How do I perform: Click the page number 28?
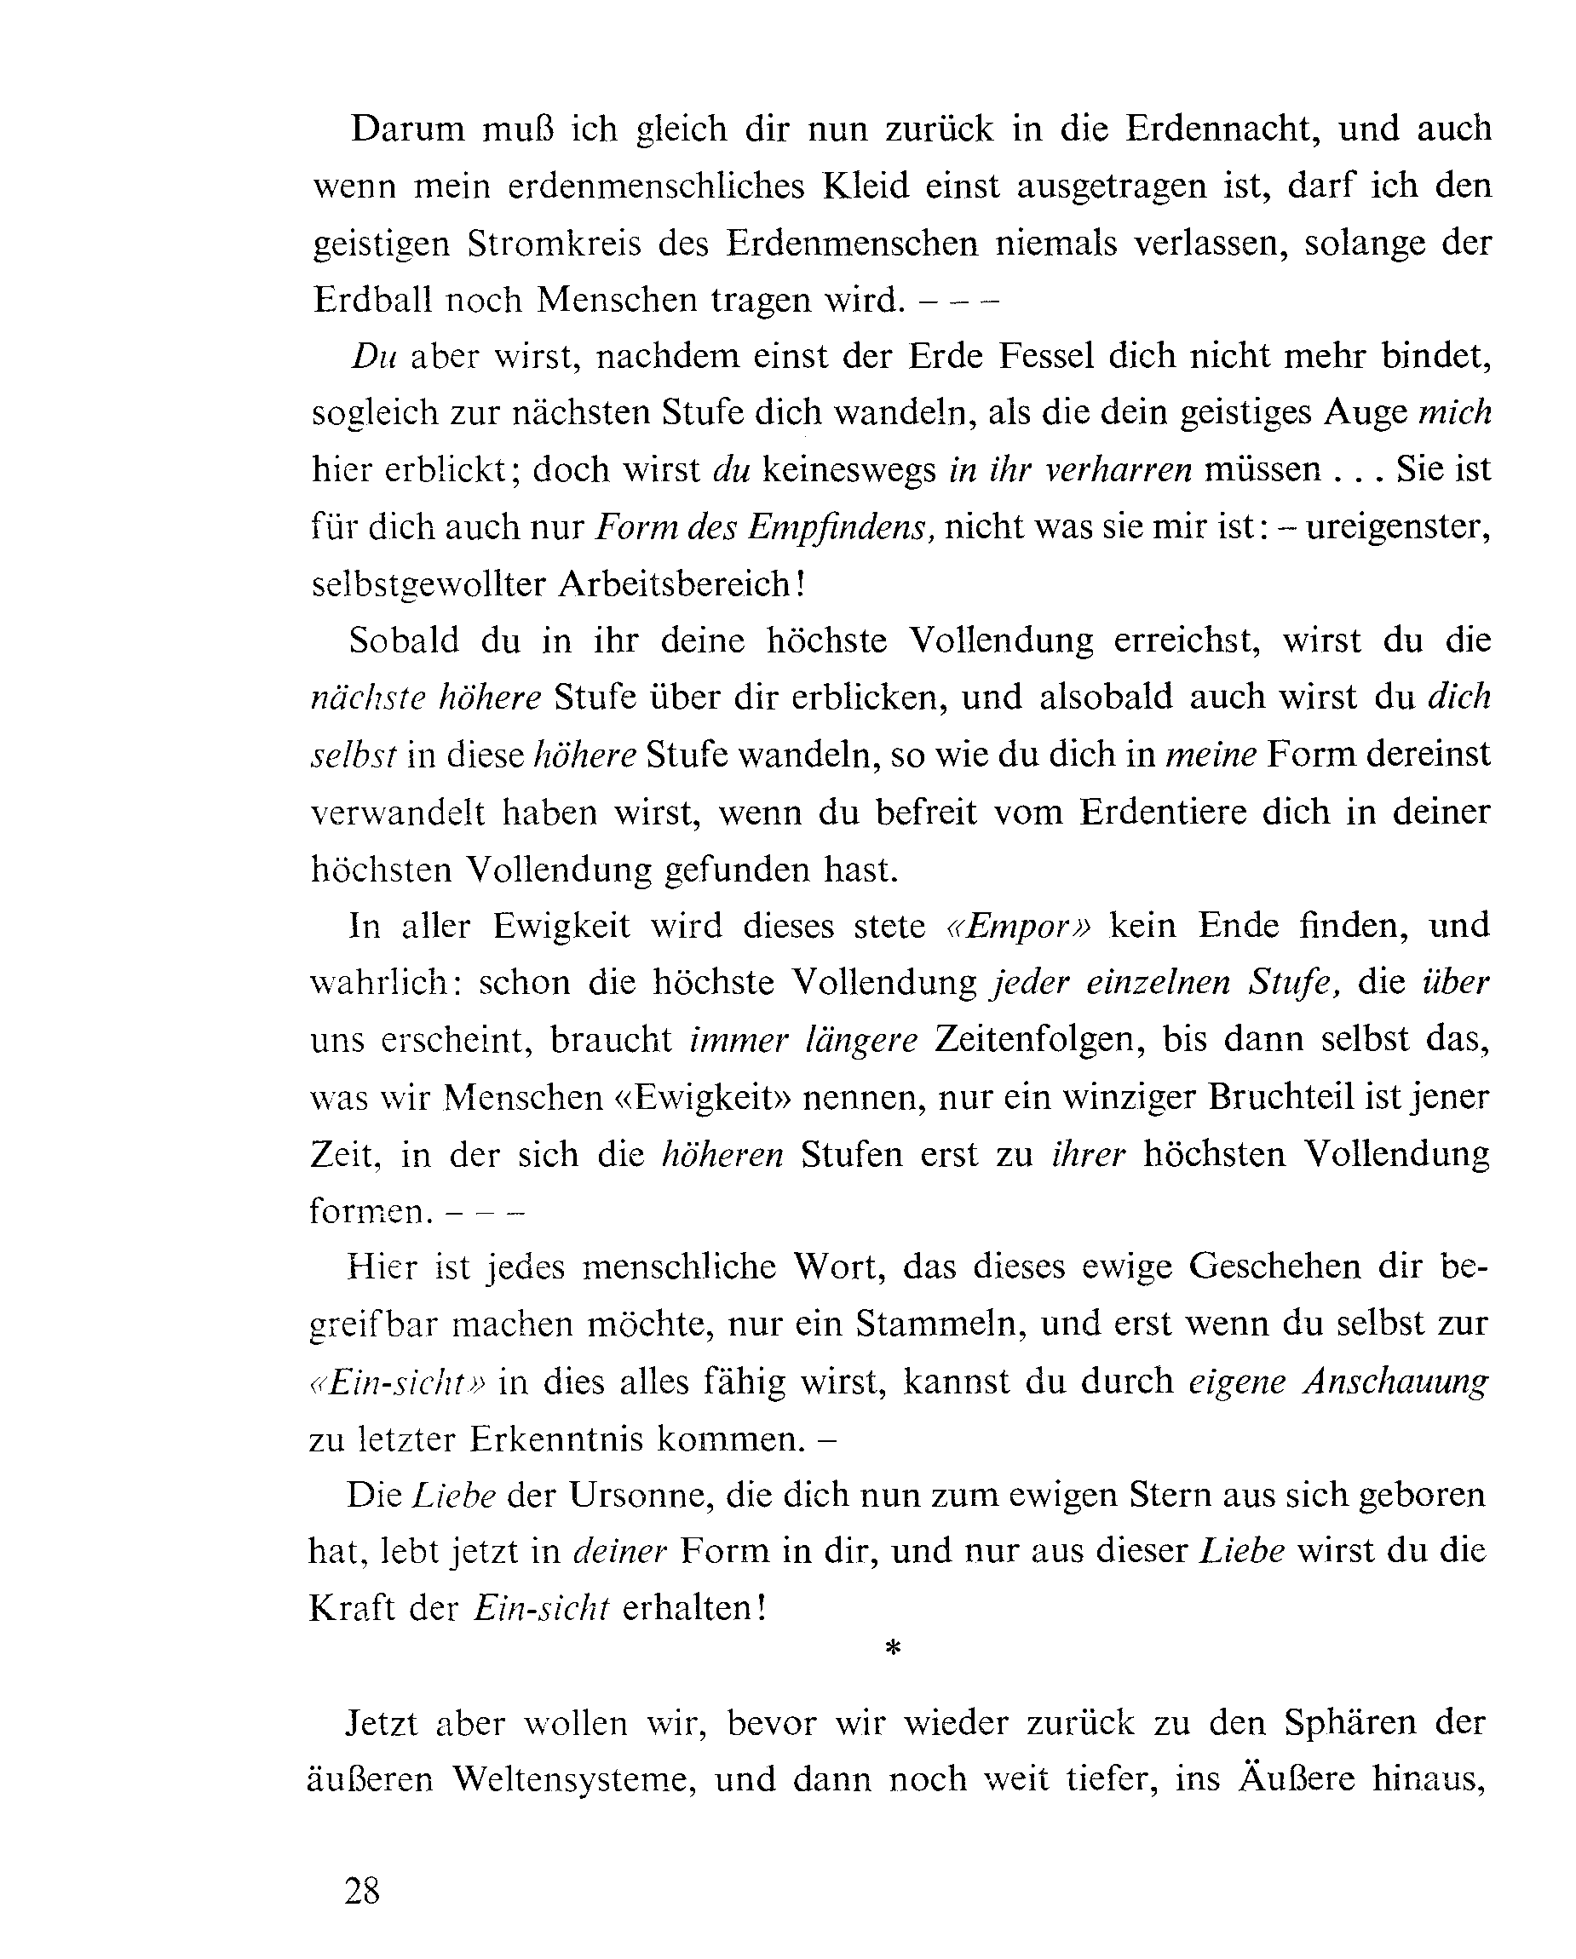(362, 1891)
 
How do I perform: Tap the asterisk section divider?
(893, 1647)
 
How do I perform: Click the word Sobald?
(405, 641)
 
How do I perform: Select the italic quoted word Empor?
(1018, 926)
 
